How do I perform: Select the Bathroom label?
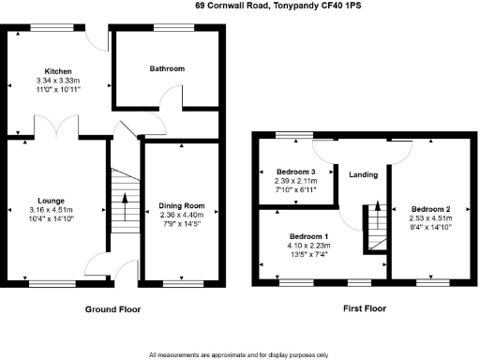click(167, 68)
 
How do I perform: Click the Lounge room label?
click(52, 200)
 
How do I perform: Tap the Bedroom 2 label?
click(431, 208)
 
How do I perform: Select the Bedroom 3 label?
click(296, 172)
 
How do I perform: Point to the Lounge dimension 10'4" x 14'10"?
click(52, 218)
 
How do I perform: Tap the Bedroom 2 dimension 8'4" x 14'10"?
click(431, 226)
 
